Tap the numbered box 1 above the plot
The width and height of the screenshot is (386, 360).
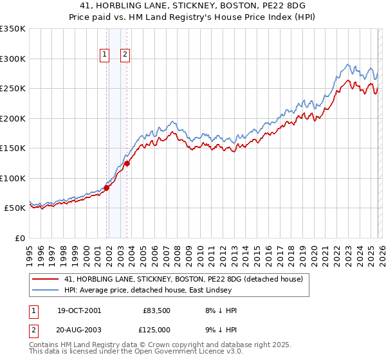[x=104, y=55]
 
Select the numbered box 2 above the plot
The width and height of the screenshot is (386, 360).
[x=125, y=55]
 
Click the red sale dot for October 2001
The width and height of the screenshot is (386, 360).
[x=106, y=188]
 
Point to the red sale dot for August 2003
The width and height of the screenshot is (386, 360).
[x=127, y=163]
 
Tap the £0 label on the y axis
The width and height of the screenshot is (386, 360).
[x=19, y=238]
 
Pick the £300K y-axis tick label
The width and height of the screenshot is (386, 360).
[x=13, y=59]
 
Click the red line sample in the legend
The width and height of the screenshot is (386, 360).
[x=45, y=278]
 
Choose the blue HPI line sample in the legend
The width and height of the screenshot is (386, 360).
[x=45, y=291]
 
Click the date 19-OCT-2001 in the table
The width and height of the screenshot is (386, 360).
[x=79, y=310]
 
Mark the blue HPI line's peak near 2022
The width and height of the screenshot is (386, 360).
[x=348, y=64]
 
